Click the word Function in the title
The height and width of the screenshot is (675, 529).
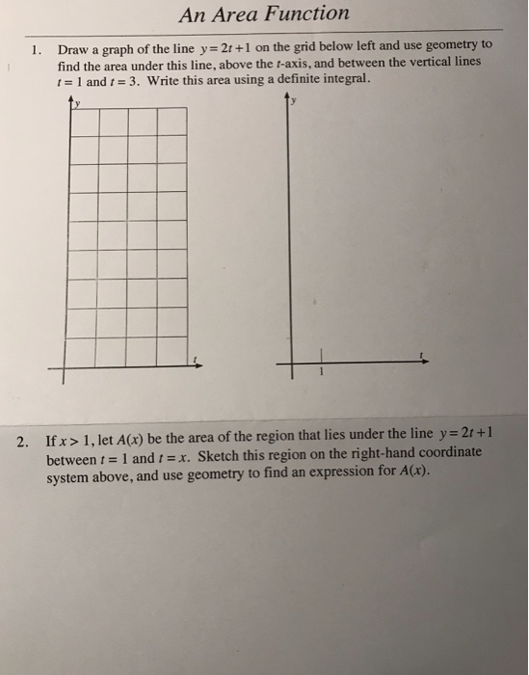point(305,13)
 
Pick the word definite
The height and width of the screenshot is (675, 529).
point(296,81)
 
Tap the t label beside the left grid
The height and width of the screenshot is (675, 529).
point(196,361)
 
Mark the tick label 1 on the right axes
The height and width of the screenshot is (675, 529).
point(322,373)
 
